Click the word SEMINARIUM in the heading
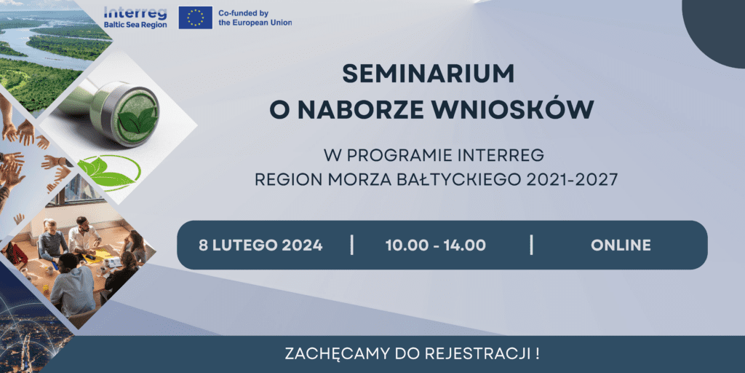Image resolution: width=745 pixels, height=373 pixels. click(428, 74)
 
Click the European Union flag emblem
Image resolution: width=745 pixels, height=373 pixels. click(195, 17)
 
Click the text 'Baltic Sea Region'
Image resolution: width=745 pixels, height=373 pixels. click(135, 25)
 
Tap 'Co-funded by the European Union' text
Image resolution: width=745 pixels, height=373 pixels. click(255, 18)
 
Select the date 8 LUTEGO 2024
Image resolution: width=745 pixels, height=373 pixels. click(261, 246)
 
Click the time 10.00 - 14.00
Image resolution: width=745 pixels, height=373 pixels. click(436, 246)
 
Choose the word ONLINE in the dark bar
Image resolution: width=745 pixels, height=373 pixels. click(621, 246)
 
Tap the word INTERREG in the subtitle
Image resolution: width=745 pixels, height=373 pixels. click(501, 156)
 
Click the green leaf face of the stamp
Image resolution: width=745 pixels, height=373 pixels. click(138, 114)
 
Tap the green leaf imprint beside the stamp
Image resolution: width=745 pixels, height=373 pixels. click(109, 172)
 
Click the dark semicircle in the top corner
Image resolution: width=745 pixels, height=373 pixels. click(716, 28)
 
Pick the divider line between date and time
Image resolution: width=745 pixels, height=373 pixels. click(351, 245)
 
